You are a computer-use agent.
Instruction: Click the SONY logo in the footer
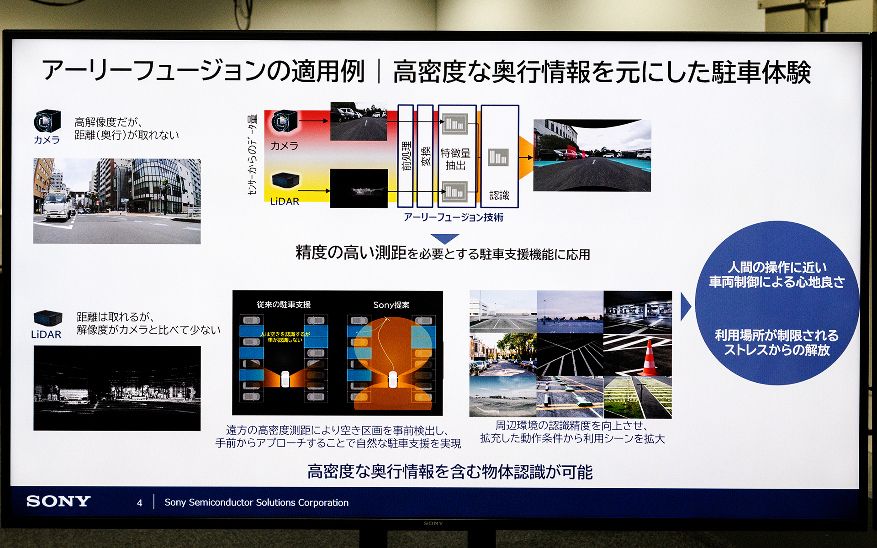click(58, 501)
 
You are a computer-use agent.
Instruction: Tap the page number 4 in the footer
click(139, 503)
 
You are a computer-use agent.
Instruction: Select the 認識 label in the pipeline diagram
click(499, 195)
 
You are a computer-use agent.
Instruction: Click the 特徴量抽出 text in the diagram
click(455, 159)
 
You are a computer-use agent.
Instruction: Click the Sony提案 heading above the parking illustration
click(391, 305)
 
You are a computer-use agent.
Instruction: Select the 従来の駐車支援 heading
click(284, 305)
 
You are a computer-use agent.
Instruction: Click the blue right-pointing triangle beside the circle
click(685, 306)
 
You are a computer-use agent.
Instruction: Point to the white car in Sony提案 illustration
click(392, 379)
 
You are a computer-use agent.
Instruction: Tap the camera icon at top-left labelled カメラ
click(47, 121)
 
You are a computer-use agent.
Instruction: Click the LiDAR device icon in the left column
click(48, 318)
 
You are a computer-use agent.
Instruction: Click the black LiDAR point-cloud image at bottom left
click(117, 388)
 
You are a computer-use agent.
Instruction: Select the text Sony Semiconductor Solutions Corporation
click(256, 503)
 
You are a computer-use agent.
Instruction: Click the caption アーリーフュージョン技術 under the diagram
click(453, 217)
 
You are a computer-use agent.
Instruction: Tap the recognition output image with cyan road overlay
click(592, 156)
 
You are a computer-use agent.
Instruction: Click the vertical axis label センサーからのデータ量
click(253, 154)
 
